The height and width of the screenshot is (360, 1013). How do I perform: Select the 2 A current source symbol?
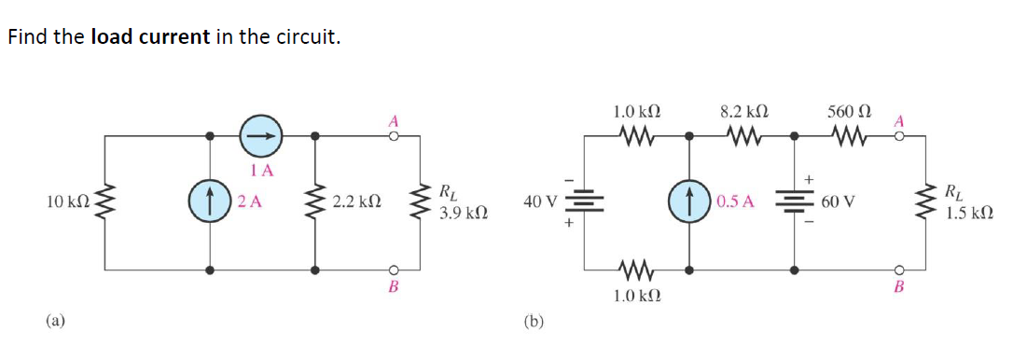click(x=211, y=201)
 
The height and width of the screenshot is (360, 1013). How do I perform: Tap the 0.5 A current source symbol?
click(x=690, y=201)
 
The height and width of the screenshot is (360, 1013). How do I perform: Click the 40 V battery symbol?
click(x=585, y=201)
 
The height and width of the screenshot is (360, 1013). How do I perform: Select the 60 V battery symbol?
click(x=795, y=201)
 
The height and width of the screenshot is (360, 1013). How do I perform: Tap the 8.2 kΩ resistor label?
click(x=742, y=110)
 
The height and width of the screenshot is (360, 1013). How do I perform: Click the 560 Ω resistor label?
click(x=847, y=110)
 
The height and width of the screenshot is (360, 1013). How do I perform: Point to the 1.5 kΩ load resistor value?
click(x=967, y=214)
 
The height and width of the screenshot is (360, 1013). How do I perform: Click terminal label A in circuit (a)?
click(x=394, y=120)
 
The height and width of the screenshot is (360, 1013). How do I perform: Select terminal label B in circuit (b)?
click(x=899, y=286)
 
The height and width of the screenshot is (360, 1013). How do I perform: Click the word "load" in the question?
click(x=111, y=38)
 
